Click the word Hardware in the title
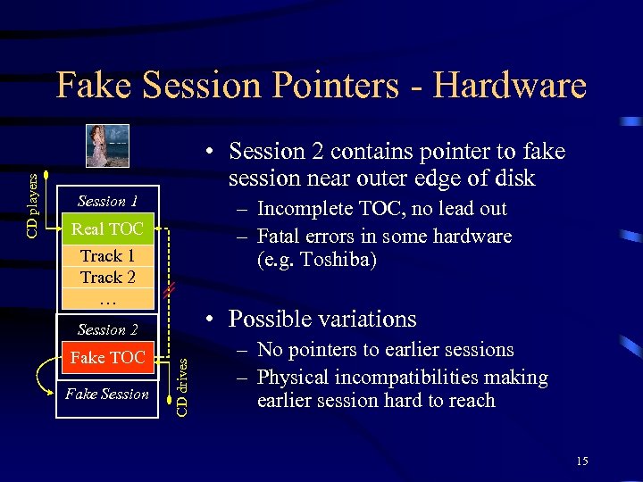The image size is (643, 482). pos(510,86)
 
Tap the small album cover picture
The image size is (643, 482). pos(107,145)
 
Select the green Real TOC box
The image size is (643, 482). pos(107,229)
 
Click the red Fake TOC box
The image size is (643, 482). pos(107,358)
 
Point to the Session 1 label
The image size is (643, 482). pos(107,201)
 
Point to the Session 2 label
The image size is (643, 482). pos(107,329)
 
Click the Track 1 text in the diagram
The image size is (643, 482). pos(107,256)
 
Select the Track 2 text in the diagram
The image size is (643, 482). pos(107,277)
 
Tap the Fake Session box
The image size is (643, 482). pos(107,394)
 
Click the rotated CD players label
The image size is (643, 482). pos(32,205)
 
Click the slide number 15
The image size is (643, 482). pos(582,461)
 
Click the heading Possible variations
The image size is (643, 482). pos(322,319)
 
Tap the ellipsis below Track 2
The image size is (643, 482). pos(107,297)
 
